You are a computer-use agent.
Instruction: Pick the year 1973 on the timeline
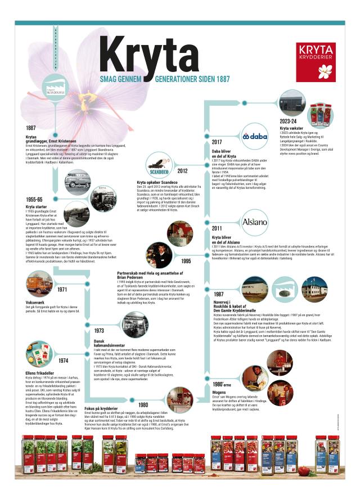point(98,331)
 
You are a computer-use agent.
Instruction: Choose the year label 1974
point(62,360)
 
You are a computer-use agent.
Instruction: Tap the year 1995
point(185,260)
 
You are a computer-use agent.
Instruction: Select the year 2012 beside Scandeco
point(182,170)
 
